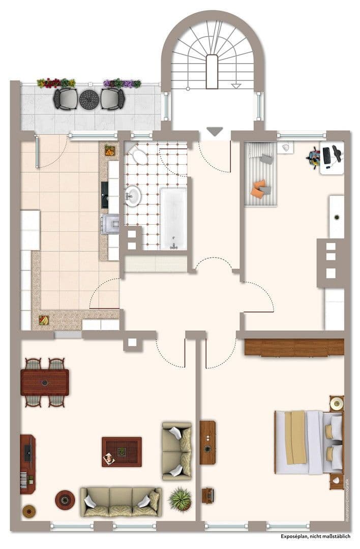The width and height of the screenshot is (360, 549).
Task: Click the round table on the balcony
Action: click(x=89, y=99)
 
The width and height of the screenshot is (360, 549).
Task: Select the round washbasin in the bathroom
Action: click(x=134, y=195)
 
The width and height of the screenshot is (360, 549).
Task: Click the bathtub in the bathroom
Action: click(x=173, y=219)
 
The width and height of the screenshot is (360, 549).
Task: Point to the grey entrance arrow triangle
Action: click(x=215, y=132)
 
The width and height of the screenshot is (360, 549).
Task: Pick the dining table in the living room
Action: click(x=45, y=382)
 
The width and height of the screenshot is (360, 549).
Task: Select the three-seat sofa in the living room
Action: click(x=121, y=501)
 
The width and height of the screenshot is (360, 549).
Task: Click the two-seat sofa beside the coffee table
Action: click(x=176, y=450)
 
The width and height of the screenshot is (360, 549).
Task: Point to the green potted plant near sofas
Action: click(x=180, y=499)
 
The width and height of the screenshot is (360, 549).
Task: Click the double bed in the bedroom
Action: click(x=308, y=442)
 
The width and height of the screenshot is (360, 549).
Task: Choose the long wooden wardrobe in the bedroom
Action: click(x=294, y=347)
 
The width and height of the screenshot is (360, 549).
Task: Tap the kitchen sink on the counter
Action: click(x=105, y=195)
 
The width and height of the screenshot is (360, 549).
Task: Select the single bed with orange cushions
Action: click(x=261, y=174)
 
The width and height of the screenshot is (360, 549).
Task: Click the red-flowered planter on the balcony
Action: click(x=56, y=83)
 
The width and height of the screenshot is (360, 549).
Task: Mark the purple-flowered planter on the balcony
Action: click(x=122, y=83)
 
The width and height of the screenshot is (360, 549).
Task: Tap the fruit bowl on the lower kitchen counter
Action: click(x=44, y=320)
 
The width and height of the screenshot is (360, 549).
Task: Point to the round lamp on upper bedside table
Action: click(x=337, y=404)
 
